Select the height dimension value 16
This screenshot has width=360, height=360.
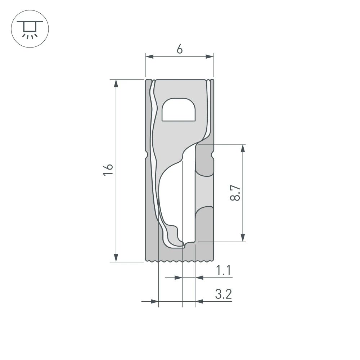tap(108, 170)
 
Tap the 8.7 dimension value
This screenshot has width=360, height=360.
tap(235, 193)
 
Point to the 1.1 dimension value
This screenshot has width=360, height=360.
tap(223, 270)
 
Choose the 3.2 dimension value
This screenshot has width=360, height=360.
tap(223, 294)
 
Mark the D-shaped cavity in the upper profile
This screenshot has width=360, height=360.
tap(179, 110)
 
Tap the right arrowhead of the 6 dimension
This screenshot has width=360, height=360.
tap(210, 57)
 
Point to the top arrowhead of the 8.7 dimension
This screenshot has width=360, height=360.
tap(243, 149)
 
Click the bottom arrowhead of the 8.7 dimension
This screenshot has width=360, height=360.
tap(243, 237)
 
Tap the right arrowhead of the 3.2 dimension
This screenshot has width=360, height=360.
tap(199, 301)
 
